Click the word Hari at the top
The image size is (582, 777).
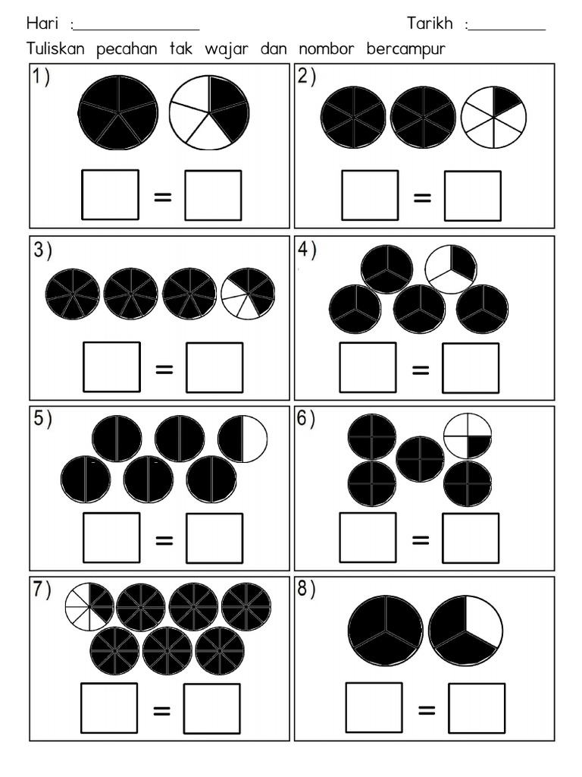[42, 24]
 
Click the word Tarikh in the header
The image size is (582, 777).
[430, 24]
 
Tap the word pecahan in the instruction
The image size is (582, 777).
[127, 49]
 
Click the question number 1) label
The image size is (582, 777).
[41, 77]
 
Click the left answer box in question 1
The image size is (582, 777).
[110, 195]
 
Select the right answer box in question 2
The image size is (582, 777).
[472, 196]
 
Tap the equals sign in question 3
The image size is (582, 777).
[163, 369]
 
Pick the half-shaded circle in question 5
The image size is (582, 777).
[242, 439]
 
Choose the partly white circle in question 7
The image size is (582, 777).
[89, 606]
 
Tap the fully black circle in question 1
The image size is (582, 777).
[118, 112]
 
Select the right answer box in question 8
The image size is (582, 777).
[476, 709]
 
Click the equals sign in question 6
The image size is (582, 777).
[421, 539]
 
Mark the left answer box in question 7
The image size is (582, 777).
[110, 709]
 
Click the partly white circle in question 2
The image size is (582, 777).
[493, 117]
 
